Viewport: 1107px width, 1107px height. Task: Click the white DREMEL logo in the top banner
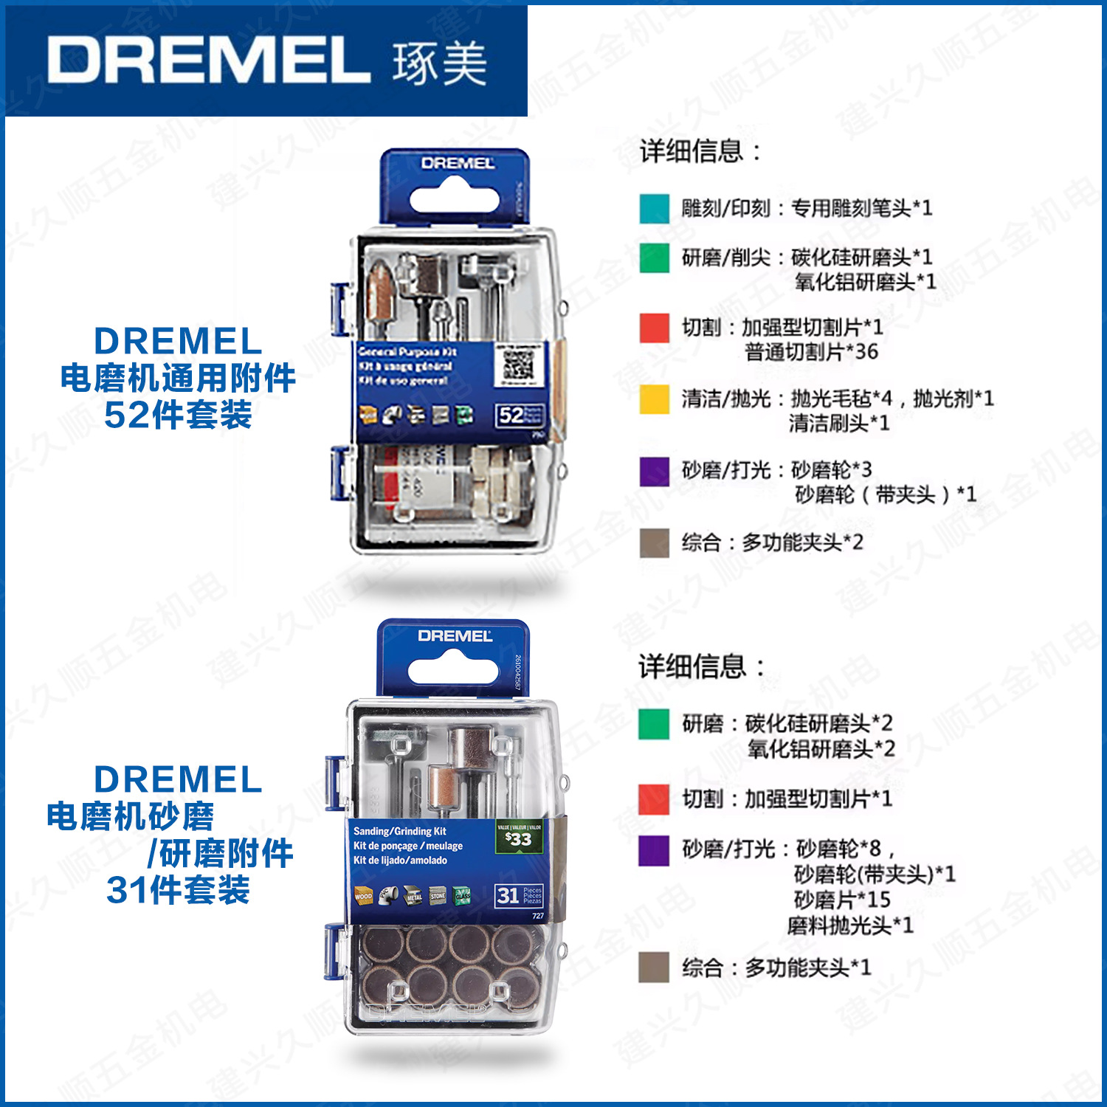click(x=209, y=60)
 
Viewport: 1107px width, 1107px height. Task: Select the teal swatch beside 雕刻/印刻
click(x=654, y=209)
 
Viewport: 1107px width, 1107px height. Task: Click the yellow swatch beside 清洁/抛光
click(x=654, y=399)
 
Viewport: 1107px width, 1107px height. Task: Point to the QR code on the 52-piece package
click(x=518, y=363)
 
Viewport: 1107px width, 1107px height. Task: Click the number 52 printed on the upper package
click(x=511, y=415)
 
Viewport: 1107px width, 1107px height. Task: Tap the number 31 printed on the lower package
click(x=508, y=895)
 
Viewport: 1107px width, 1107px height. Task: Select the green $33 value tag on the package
click(x=520, y=837)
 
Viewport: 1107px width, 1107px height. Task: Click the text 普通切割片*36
click(x=811, y=352)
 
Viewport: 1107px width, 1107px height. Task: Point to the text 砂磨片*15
click(x=842, y=900)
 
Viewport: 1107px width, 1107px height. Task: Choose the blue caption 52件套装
click(x=178, y=415)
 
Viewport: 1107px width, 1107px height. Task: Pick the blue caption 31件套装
click(x=178, y=890)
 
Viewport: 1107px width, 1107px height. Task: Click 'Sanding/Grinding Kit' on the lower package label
click(x=399, y=831)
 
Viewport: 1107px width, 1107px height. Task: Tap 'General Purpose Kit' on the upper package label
click(x=407, y=352)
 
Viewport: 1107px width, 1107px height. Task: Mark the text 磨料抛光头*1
click(x=850, y=925)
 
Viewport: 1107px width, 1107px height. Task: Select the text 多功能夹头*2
click(x=802, y=542)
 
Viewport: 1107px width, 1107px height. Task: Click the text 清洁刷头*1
click(x=839, y=424)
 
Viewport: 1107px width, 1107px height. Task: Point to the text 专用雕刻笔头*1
click(x=861, y=208)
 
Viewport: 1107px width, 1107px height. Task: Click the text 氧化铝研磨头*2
click(x=821, y=749)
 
